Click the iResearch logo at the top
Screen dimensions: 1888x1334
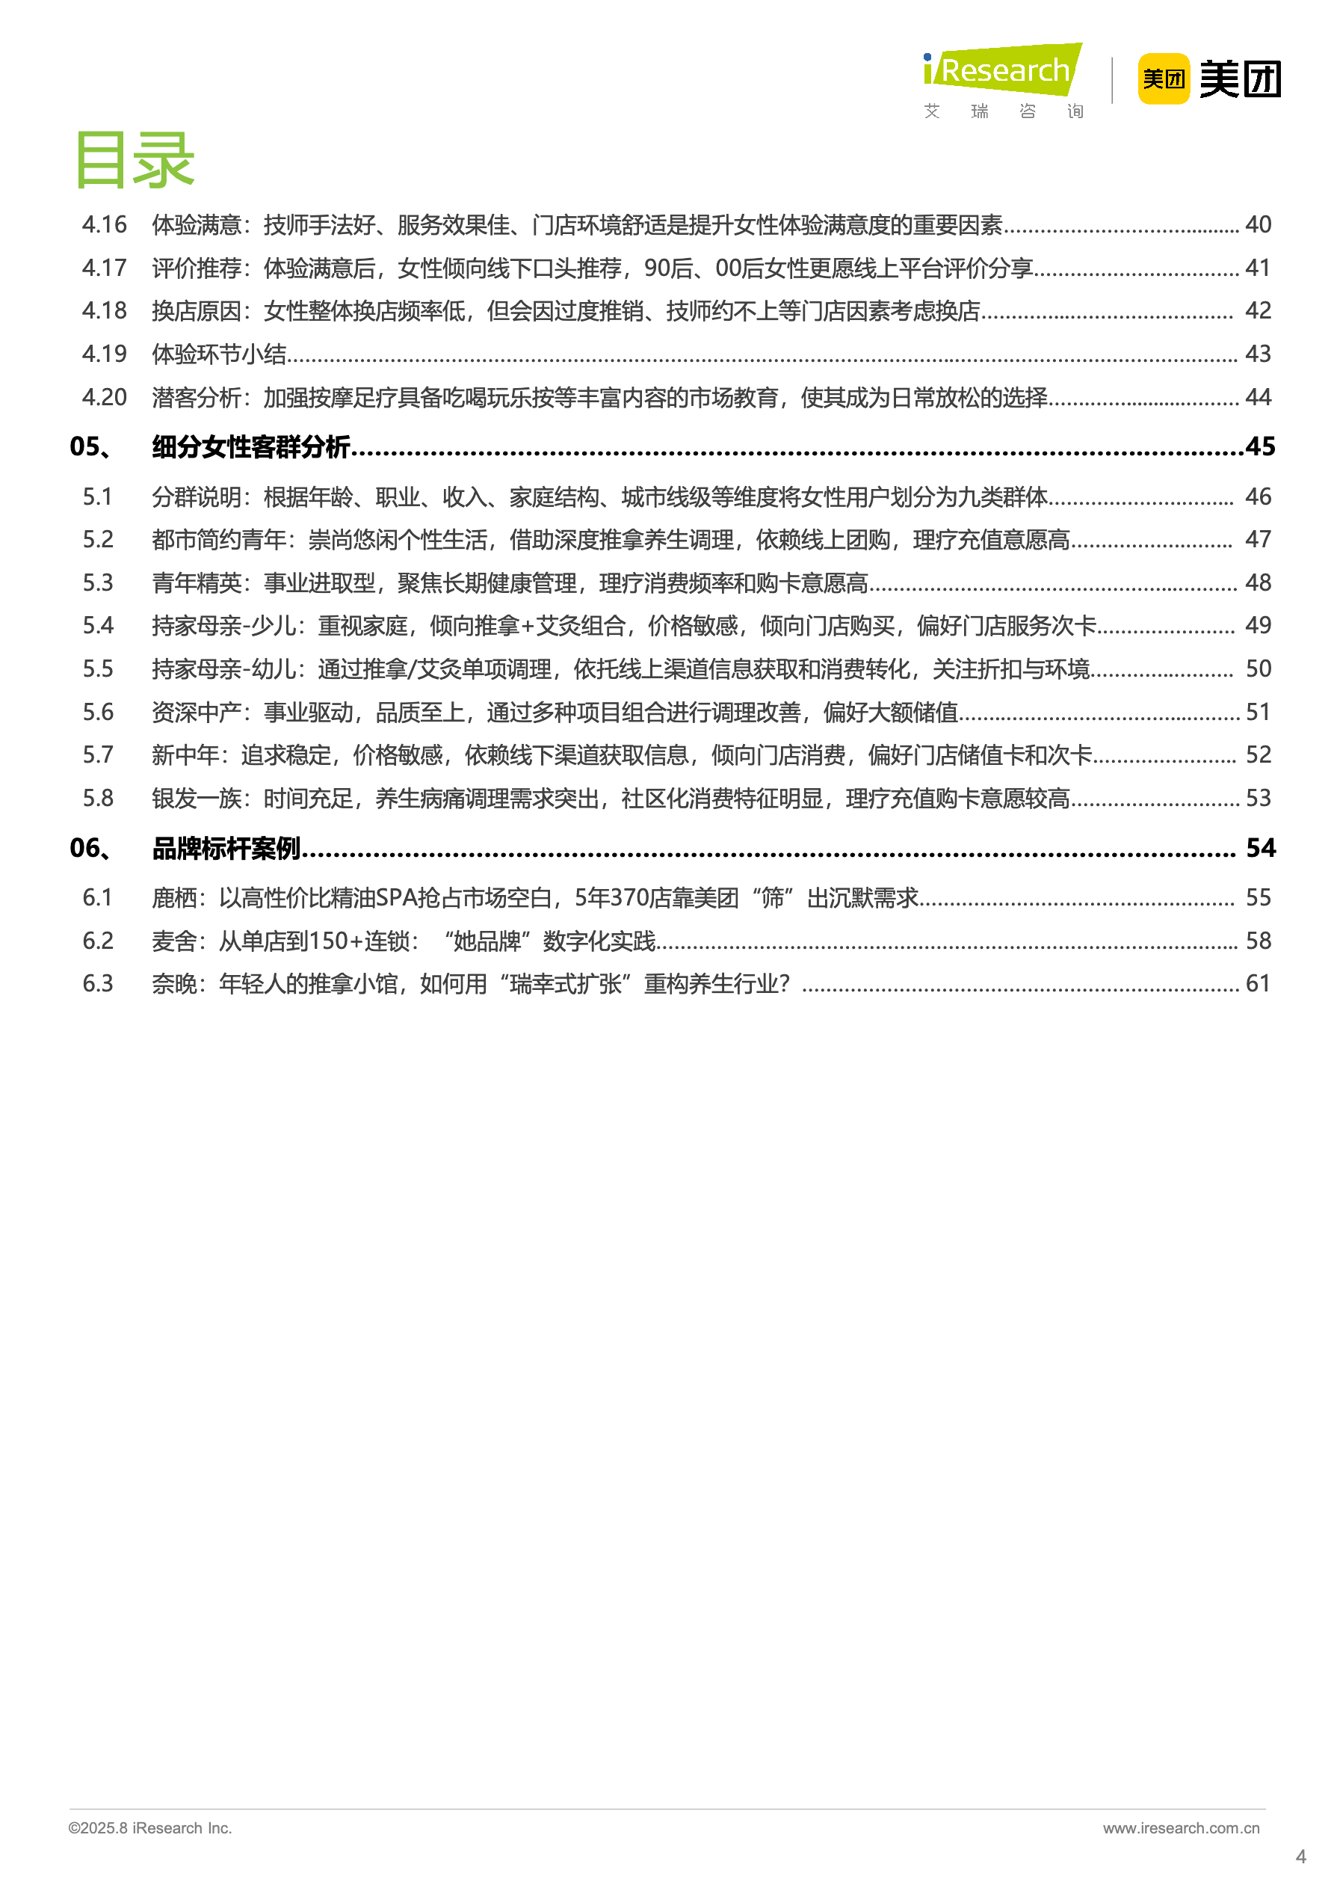(1003, 72)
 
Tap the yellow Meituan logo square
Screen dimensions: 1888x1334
(1163, 79)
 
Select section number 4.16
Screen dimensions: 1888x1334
(105, 224)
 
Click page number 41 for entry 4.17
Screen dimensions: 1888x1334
(1258, 268)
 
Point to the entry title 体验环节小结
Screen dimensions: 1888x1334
(220, 354)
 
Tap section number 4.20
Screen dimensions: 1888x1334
(105, 397)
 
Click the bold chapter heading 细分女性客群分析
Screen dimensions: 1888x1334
(250, 446)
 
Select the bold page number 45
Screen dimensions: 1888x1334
(1260, 446)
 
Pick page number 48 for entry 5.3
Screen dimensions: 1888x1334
(1258, 583)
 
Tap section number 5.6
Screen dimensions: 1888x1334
(98, 712)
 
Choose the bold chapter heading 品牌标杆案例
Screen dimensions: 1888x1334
(226, 848)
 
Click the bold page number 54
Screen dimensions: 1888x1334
(1260, 848)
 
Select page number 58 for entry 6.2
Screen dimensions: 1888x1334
(1258, 941)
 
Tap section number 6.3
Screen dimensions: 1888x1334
(98, 983)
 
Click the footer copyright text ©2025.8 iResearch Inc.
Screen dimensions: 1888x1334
(150, 1828)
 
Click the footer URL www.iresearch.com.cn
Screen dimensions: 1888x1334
(1180, 1828)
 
